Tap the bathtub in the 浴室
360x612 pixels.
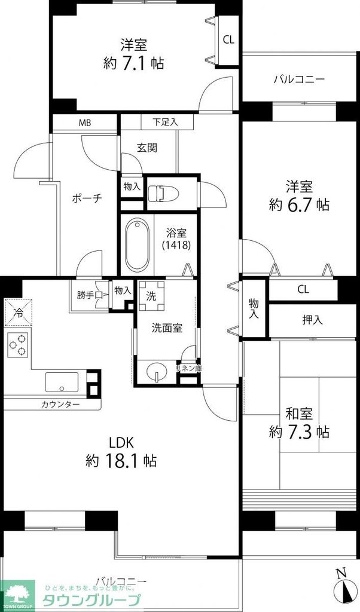pos(138,245)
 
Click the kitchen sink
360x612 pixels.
pos(62,381)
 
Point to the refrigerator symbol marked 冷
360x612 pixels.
pos(19,312)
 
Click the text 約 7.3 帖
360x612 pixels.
pos(299,432)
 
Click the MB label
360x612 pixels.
pos(85,123)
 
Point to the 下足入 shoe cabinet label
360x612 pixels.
pos(165,123)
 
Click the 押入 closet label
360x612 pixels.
pos(312,320)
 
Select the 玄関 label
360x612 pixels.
pos(148,148)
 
